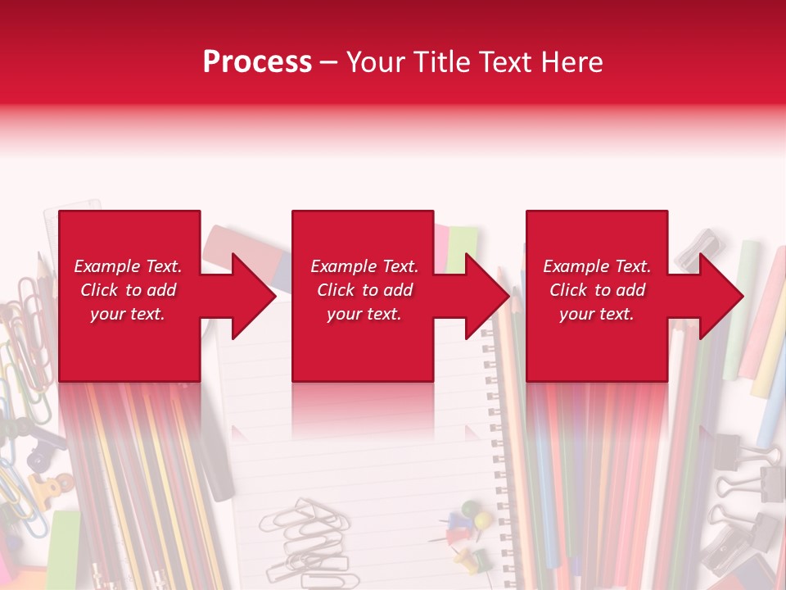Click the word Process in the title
point(257,61)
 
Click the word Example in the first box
point(106,265)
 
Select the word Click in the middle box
point(336,290)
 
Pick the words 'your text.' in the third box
point(596,314)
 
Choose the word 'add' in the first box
point(161,290)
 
